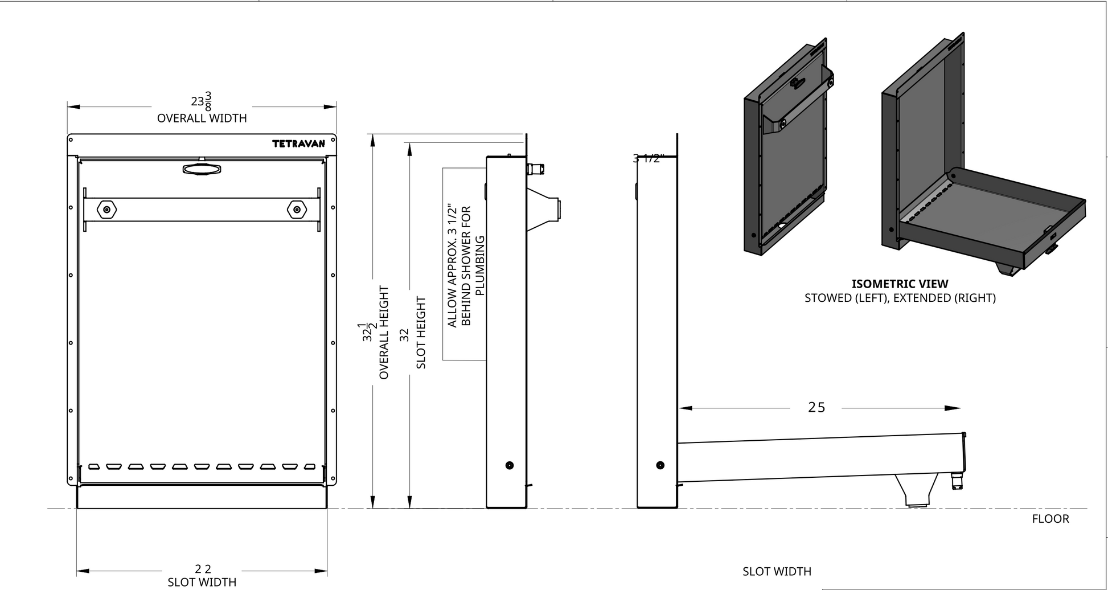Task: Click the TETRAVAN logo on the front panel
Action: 298,144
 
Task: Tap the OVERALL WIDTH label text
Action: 202,118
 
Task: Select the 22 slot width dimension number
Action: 203,569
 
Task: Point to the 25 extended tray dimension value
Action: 816,408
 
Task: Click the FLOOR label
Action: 1050,519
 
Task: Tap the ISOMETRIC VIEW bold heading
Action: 900,284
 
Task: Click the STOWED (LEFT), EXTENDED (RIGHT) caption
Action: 900,298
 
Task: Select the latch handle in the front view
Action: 202,169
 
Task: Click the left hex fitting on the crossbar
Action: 106,210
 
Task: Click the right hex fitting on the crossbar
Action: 296,210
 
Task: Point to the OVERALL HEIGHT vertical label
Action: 384,333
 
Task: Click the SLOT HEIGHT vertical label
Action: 421,333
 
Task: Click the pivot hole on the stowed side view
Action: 509,465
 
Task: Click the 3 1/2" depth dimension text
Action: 648,159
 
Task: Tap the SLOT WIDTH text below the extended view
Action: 777,571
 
